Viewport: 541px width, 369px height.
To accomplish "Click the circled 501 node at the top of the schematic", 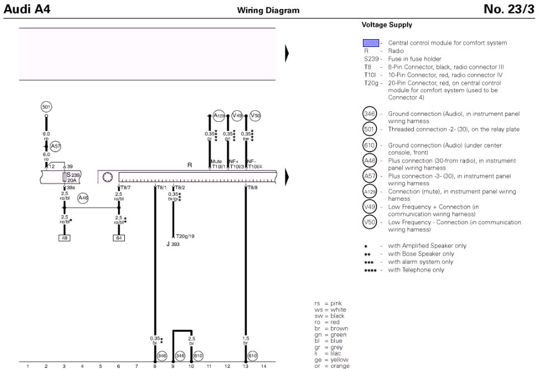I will [46, 107].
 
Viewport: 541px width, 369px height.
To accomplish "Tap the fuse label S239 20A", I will [71, 177].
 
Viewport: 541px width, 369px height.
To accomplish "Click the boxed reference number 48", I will [64, 238].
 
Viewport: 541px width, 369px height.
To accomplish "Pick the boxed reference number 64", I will [118, 238].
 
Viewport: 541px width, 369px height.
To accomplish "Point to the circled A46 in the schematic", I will [83, 198].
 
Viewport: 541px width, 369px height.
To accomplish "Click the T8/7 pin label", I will [124, 187].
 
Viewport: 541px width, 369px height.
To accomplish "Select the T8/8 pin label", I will [252, 187].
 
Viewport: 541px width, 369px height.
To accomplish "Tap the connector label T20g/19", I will [185, 236].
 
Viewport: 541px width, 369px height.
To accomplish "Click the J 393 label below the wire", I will [172, 244].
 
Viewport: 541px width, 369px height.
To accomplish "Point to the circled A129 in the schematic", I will [219, 116].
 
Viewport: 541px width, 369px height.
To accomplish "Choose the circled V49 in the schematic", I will [237, 116].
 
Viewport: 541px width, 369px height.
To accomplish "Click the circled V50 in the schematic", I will [255, 116].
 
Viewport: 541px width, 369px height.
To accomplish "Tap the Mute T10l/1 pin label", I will [217, 164].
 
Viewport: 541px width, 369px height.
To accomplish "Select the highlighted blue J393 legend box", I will [371, 42].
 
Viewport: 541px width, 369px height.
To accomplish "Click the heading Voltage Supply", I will [386, 25].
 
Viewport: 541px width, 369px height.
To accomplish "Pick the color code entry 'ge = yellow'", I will [331, 359].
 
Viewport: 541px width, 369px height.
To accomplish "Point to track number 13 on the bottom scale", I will [245, 366].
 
